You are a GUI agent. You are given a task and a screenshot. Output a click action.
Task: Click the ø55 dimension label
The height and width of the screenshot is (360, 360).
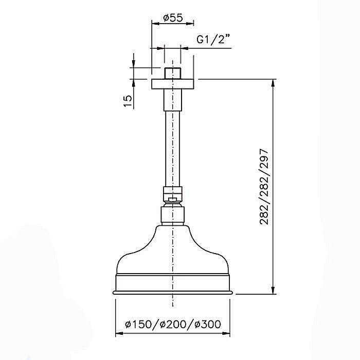173,18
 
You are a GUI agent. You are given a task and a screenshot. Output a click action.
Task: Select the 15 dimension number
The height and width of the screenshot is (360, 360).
128,101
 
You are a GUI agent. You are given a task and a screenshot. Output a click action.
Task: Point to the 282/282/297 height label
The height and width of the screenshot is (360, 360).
264,187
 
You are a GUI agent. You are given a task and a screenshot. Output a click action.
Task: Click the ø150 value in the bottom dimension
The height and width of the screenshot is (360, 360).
138,324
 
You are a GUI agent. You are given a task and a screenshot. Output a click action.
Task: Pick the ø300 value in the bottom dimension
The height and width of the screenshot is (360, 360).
208,324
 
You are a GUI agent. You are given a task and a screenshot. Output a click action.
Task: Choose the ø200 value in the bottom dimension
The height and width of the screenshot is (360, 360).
173,324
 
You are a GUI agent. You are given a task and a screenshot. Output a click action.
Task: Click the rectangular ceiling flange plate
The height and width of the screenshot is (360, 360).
173,84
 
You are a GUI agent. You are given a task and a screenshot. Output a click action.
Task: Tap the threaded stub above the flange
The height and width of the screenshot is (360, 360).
173,74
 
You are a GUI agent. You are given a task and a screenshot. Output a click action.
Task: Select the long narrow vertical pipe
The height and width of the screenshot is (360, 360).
173,149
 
